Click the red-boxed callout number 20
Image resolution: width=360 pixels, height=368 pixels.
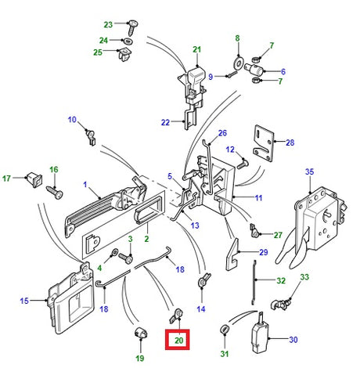click(179, 340)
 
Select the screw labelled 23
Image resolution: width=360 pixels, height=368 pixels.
click(133, 27)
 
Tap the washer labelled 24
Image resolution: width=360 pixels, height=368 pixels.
click(128, 41)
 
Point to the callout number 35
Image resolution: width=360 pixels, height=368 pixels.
click(309, 171)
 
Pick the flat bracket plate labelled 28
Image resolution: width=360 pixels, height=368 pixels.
click(264, 143)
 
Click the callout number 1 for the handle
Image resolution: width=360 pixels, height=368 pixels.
click(85, 185)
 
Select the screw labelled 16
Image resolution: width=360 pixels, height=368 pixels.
click(55, 193)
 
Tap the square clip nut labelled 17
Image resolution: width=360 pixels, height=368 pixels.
click(34, 179)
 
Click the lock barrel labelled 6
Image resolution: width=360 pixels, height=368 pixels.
click(254, 69)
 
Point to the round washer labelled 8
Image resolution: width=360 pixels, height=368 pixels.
click(238, 63)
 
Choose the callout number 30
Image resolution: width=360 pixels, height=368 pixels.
click(293, 340)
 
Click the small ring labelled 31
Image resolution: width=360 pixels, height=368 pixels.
click(225, 330)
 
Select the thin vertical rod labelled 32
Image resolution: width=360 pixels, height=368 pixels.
click(254, 283)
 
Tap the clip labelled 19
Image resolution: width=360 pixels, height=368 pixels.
click(141, 332)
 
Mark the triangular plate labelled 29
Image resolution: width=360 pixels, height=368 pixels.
click(232, 255)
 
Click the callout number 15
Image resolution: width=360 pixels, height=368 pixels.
click(24, 301)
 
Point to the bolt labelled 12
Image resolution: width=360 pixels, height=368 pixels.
click(243, 163)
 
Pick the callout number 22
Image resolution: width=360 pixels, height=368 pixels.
click(165, 122)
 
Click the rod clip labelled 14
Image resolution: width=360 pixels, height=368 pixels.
click(204, 280)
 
